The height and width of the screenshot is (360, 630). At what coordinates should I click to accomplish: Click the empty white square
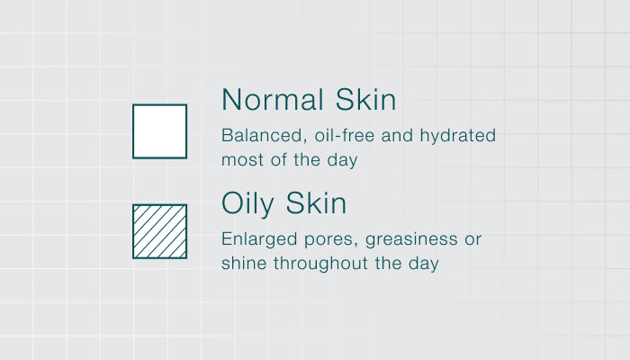159,131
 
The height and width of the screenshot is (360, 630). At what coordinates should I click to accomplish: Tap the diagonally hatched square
159,231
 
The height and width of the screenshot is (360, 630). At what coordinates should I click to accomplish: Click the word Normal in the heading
273,100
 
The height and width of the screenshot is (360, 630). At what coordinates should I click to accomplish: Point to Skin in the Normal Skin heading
365,99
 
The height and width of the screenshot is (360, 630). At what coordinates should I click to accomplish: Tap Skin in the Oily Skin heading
316,202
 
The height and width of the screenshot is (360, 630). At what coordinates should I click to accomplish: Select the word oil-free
345,135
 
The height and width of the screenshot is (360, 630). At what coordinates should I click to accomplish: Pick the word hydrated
457,136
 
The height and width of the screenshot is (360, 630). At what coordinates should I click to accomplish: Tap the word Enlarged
259,240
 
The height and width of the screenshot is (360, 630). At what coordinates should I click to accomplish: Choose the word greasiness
411,240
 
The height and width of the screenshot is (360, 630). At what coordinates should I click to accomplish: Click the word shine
244,263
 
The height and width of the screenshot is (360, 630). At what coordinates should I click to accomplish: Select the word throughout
321,265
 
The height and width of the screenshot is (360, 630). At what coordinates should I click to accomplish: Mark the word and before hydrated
397,135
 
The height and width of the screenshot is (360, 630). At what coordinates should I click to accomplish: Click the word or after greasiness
472,240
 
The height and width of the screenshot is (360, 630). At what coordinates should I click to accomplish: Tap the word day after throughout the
424,265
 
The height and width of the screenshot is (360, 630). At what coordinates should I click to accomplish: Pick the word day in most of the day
342,161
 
